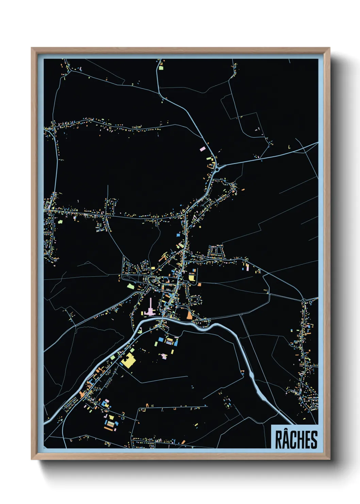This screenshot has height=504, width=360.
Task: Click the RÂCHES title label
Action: [295, 439]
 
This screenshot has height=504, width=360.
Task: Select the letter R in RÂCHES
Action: [278, 440]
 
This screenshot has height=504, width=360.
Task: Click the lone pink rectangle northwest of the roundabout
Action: [202, 149]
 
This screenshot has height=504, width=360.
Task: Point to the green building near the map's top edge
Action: [161, 68]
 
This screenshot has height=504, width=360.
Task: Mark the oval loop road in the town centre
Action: [152, 280]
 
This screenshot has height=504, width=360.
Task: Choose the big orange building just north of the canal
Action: [189, 315]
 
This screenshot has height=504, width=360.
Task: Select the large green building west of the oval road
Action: [130, 286]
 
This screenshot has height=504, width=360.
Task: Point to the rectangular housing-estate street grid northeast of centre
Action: [215, 251]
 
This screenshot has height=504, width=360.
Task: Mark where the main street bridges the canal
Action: [163, 318]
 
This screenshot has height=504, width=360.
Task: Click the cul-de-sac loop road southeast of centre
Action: [196, 300]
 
